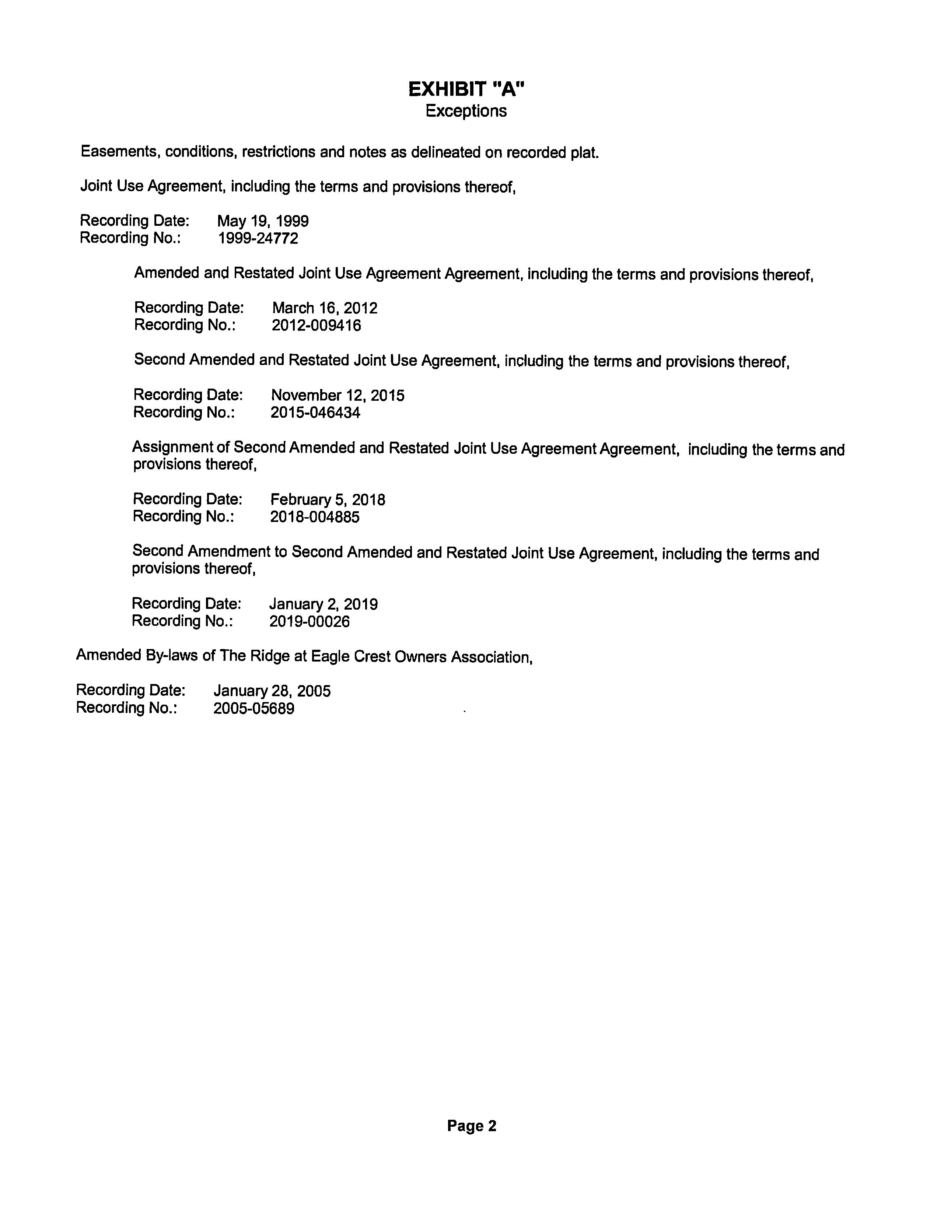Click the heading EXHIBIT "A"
(x=466, y=89)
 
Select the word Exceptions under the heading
(x=466, y=111)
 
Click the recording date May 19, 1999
(x=263, y=221)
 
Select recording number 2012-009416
(x=316, y=325)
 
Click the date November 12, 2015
(x=338, y=396)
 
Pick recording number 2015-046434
(x=315, y=413)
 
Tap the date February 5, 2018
(x=328, y=500)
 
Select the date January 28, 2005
(x=272, y=691)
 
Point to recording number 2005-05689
(x=254, y=709)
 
